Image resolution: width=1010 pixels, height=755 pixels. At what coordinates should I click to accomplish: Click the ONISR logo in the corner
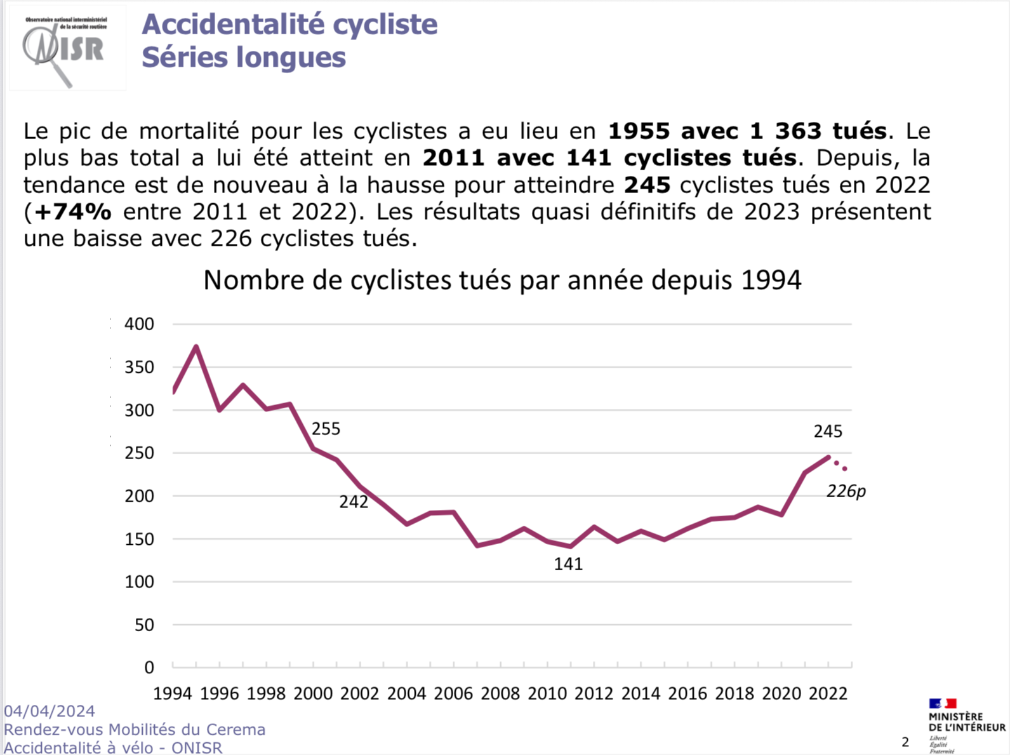coord(66,48)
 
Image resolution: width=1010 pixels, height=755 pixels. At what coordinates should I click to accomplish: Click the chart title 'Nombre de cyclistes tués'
coord(502,280)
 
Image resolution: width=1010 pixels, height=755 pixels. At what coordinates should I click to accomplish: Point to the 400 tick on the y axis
coord(139,324)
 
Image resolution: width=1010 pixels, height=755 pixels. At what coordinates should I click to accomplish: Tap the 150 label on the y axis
coord(139,539)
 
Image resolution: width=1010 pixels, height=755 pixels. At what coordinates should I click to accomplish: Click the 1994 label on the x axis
coord(173,693)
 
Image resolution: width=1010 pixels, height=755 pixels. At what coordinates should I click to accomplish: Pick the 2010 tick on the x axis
coord(547,693)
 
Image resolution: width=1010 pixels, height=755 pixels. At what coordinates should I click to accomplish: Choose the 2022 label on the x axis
coord(828,693)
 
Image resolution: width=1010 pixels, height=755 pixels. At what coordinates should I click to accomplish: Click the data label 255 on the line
coord(326,429)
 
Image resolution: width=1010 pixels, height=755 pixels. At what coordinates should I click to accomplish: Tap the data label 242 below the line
coord(354,502)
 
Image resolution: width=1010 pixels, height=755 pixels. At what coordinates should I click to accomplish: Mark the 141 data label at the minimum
coord(568,564)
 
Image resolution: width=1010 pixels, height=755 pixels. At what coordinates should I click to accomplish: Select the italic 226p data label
coord(846,491)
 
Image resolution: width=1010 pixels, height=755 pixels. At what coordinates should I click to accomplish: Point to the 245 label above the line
coord(828,432)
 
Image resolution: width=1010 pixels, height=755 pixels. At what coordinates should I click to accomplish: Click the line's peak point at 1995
coord(196,347)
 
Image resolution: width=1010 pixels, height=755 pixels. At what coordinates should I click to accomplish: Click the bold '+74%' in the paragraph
coord(73,212)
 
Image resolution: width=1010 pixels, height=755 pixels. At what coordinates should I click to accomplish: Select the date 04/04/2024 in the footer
coord(50,711)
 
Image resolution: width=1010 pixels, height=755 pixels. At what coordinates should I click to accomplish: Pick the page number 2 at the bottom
coord(905,742)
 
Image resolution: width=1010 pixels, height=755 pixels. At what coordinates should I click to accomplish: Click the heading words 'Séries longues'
coord(244,57)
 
